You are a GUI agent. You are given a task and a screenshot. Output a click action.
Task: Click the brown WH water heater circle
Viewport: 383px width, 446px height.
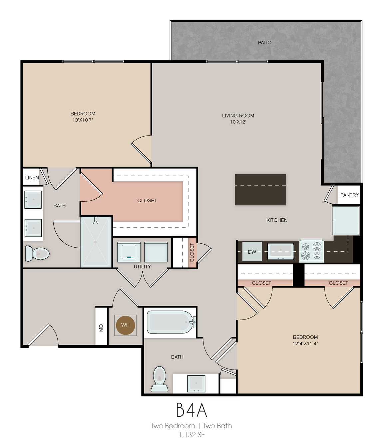pos(125,325)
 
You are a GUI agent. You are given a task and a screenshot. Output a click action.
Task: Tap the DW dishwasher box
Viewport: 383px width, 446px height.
pos(252,251)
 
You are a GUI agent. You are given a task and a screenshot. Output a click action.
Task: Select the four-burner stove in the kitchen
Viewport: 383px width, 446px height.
pos(311,251)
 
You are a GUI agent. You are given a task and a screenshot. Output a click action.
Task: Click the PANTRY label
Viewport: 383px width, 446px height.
pos(349,195)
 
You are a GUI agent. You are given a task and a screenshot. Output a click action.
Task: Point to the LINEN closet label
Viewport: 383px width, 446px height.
pos(32,178)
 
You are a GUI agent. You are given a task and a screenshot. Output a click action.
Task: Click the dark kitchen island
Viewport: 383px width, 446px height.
pos(260,189)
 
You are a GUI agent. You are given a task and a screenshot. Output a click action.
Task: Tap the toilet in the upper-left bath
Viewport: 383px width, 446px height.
pos(37,253)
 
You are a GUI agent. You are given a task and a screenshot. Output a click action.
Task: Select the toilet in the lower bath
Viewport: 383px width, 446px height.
pos(159,379)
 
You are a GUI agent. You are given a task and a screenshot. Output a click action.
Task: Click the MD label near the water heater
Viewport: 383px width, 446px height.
pos(101,328)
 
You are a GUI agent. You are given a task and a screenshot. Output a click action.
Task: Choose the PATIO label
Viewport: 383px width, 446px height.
pos(264,42)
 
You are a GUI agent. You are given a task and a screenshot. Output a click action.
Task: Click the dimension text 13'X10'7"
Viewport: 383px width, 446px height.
pos(83,120)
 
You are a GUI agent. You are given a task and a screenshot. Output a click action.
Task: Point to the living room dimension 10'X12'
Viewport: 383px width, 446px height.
pos(238,122)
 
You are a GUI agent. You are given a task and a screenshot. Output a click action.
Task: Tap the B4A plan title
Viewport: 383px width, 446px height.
pos(191,410)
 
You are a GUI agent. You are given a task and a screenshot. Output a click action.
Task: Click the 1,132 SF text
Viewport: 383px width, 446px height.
pos(191,435)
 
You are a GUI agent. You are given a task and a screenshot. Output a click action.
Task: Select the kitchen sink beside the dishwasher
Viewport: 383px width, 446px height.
pos(280,251)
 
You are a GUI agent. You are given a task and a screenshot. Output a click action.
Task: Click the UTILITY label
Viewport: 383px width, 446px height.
pos(142,267)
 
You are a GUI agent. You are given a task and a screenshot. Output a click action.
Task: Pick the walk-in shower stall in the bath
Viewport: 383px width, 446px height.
pos(96,242)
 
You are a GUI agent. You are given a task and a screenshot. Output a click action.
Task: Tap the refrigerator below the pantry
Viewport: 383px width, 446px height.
pos(346,220)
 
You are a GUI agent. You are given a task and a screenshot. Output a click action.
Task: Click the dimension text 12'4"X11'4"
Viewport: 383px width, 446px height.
pos(305,344)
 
